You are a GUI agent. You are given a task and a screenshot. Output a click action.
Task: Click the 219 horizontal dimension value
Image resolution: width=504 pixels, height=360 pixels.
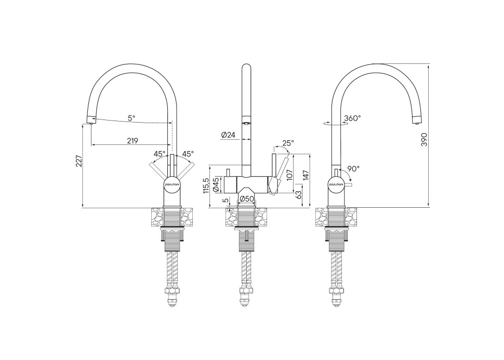132,141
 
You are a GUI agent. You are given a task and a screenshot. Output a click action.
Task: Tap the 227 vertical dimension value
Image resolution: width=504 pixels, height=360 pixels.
79,162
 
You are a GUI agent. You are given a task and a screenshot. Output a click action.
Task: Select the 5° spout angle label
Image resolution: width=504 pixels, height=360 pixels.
131,118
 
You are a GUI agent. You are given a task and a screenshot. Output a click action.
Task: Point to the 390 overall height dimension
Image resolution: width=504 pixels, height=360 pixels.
425,139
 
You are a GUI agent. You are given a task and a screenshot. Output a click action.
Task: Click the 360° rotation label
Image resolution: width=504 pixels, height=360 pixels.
352,118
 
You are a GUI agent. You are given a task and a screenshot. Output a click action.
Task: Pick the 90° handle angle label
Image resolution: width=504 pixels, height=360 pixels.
353,168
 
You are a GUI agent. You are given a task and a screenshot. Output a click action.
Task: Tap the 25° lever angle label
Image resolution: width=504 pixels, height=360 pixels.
288,143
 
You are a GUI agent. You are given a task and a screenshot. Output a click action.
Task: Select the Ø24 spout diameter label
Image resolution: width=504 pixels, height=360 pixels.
228,135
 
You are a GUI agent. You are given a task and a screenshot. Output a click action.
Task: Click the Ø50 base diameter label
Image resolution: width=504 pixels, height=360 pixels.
247,199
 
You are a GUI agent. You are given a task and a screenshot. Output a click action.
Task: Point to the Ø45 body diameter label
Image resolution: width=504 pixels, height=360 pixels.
216,184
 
